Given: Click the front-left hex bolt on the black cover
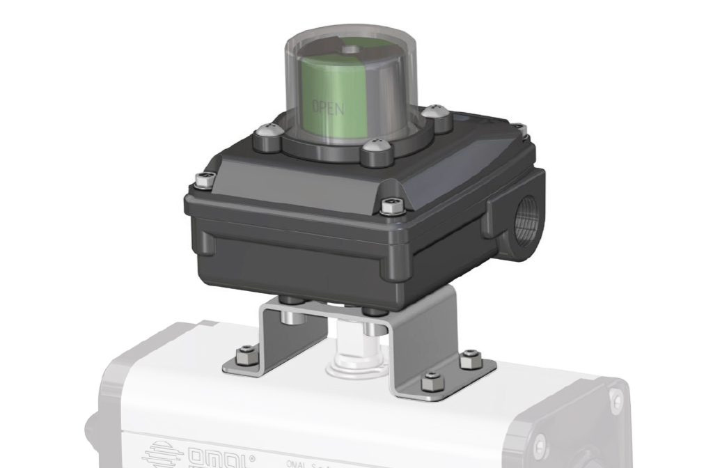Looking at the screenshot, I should [x=203, y=180].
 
